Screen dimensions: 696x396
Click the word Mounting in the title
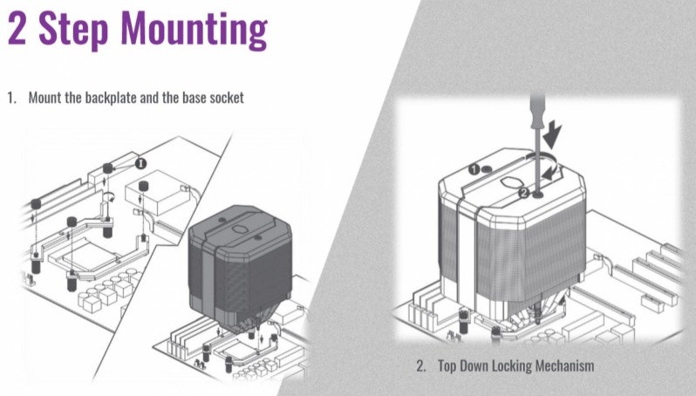click(194, 30)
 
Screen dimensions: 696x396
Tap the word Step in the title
click(73, 30)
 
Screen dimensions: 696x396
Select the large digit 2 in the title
click(17, 28)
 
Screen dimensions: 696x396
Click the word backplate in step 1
click(111, 97)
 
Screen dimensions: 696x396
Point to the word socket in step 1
click(227, 98)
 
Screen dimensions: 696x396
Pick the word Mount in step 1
click(44, 97)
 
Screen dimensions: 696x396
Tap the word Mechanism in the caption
click(564, 365)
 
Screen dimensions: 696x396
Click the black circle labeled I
click(140, 163)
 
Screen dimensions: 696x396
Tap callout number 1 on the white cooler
click(474, 169)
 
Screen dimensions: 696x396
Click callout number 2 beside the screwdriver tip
click(524, 193)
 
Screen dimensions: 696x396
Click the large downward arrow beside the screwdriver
click(553, 135)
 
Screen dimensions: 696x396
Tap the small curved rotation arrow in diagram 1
click(109, 195)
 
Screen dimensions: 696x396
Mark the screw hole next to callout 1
click(488, 168)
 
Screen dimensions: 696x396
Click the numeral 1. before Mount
click(11, 98)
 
